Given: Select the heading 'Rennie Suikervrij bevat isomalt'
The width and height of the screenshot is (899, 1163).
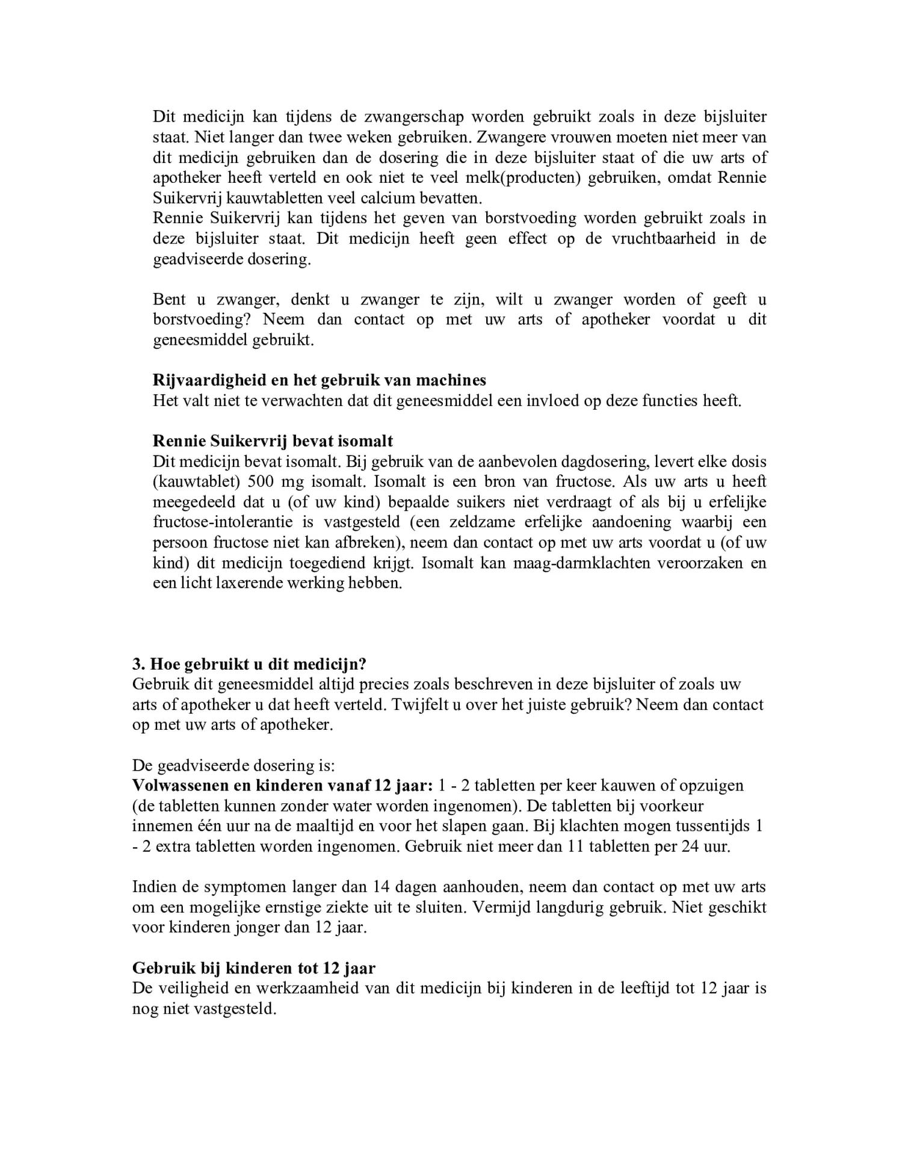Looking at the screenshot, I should click(273, 441).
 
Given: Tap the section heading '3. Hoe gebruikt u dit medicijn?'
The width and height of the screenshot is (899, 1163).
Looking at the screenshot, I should click(249, 664).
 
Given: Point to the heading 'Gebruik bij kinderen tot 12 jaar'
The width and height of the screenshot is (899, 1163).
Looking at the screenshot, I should click(253, 968).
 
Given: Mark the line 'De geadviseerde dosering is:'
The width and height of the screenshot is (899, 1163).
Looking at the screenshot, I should click(233, 765).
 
